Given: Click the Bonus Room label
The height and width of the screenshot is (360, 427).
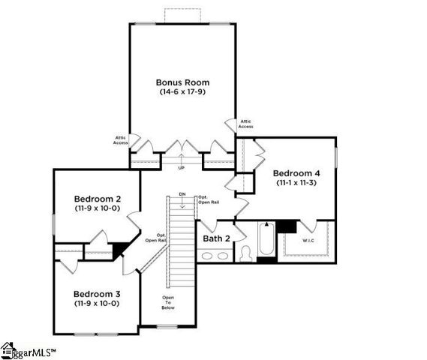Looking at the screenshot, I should click(x=182, y=82).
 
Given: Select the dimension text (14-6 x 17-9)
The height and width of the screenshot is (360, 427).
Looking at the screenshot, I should click(x=182, y=91).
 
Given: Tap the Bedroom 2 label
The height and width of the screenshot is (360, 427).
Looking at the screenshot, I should click(x=97, y=199).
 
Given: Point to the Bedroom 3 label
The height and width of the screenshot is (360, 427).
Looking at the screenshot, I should click(x=97, y=294).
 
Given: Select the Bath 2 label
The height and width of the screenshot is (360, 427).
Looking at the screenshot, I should click(x=216, y=238).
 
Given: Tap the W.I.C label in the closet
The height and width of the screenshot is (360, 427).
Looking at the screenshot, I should click(x=309, y=241).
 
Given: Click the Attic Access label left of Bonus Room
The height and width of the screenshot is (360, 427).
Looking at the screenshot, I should click(x=120, y=139).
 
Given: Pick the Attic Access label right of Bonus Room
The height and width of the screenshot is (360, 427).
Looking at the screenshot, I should click(x=245, y=124).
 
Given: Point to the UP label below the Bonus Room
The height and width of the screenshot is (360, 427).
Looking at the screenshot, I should click(x=181, y=168).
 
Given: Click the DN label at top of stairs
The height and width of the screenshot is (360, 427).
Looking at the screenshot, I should click(x=182, y=195).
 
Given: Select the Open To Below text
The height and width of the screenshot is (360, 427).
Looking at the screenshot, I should click(x=169, y=302).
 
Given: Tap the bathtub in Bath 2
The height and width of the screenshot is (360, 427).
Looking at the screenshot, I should click(x=266, y=241).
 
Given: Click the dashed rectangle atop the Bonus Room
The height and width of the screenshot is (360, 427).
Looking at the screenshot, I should click(x=182, y=16).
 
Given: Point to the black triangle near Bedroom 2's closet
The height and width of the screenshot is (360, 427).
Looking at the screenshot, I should click(x=119, y=248).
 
